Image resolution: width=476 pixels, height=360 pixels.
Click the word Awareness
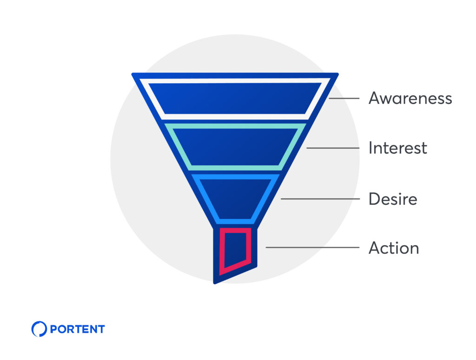click(410, 98)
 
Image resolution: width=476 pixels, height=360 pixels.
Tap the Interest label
click(397, 148)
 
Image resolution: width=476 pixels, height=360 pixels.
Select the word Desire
click(393, 199)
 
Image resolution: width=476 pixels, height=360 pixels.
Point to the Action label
click(394, 248)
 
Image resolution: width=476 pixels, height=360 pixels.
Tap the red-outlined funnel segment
click(235, 249)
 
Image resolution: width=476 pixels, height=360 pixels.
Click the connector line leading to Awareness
click(344, 98)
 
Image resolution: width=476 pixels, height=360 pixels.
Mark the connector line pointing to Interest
click(333, 148)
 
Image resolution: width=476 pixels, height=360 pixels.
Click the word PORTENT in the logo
click(77, 329)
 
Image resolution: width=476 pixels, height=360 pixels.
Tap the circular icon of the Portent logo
click(39, 329)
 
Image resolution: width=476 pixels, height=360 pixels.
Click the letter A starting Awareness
click(375, 98)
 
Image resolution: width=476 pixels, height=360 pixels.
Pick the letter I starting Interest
click(370, 148)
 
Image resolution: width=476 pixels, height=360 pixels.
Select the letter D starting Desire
click(374, 199)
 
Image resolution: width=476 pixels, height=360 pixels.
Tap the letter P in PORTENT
click(53, 329)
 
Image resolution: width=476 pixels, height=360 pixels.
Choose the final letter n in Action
click(414, 249)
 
